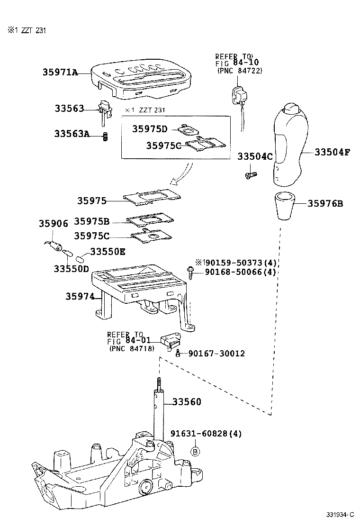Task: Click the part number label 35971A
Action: point(60,73)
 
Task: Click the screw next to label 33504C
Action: point(250,175)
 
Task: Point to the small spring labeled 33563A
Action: point(106,136)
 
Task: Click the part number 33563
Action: point(68,109)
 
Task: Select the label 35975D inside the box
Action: point(150,129)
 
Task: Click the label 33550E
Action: point(108,252)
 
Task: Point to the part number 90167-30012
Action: point(216,354)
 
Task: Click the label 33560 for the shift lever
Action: point(186,402)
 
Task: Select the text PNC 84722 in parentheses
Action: point(240,71)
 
